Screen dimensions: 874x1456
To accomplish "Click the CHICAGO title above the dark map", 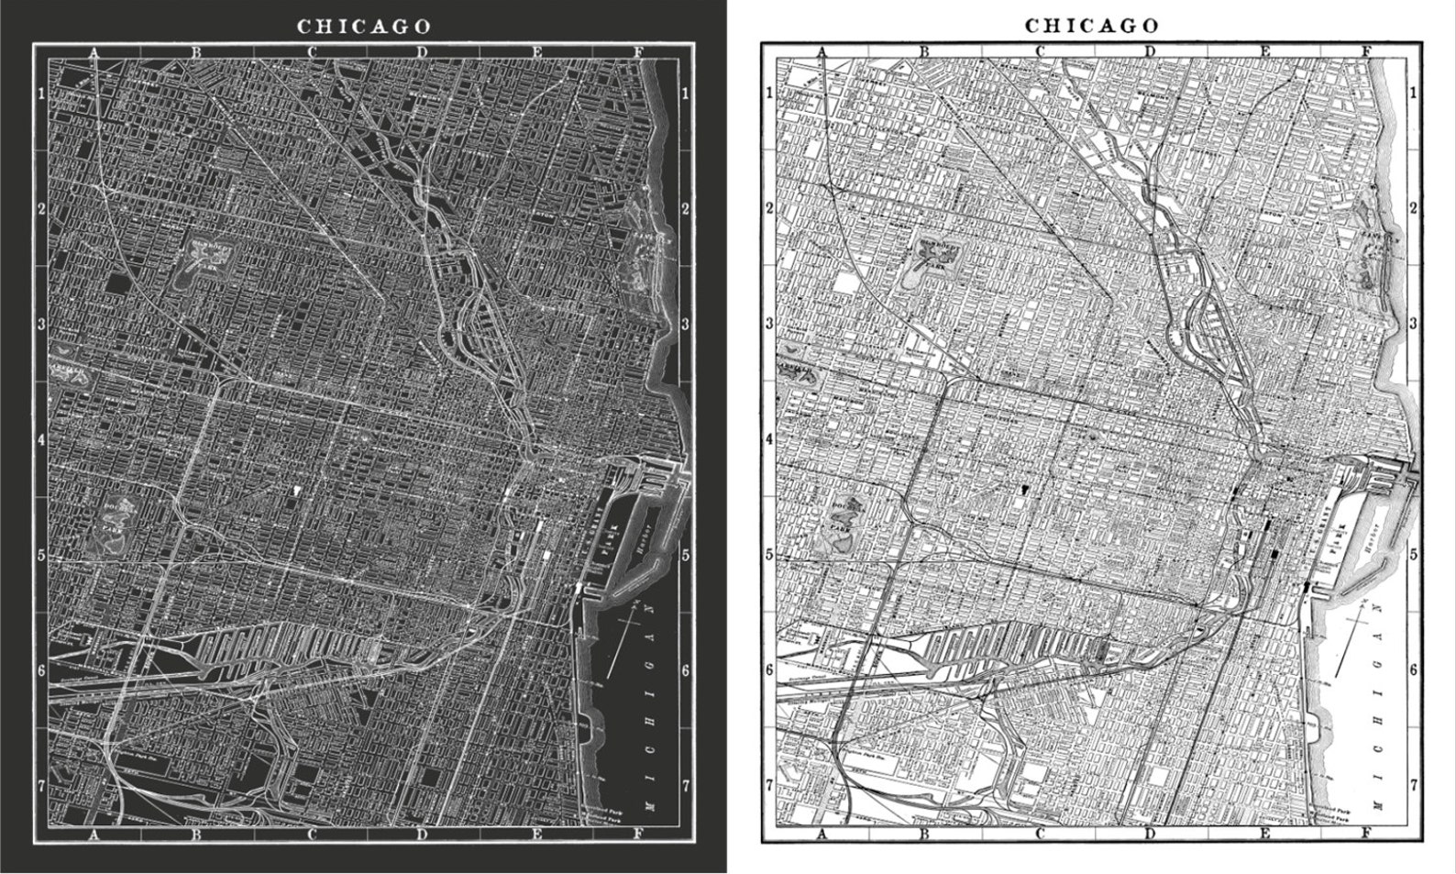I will pyautogui.click(x=364, y=26).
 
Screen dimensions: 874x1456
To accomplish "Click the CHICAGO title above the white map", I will pyautogui.click(x=1092, y=26).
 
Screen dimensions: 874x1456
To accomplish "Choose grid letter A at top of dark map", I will pyautogui.click(x=94, y=52).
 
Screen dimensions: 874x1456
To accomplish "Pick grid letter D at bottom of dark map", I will pyautogui.click(x=421, y=834).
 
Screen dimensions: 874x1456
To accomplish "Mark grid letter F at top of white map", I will pyautogui.click(x=1365, y=52).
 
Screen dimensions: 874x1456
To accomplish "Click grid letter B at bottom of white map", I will pyautogui.click(x=924, y=834).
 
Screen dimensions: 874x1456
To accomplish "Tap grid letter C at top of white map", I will pyautogui.click(x=1040, y=52).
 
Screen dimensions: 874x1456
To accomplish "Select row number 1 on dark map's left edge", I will pyautogui.click(x=40, y=93).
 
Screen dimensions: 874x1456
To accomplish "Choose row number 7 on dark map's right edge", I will pyautogui.click(x=686, y=785).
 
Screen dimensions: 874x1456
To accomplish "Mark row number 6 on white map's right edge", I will pyautogui.click(x=1413, y=670).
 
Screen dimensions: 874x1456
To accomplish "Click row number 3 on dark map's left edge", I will pyautogui.click(x=40, y=324).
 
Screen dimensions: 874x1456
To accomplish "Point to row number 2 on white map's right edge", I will pyautogui.click(x=1413, y=208).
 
